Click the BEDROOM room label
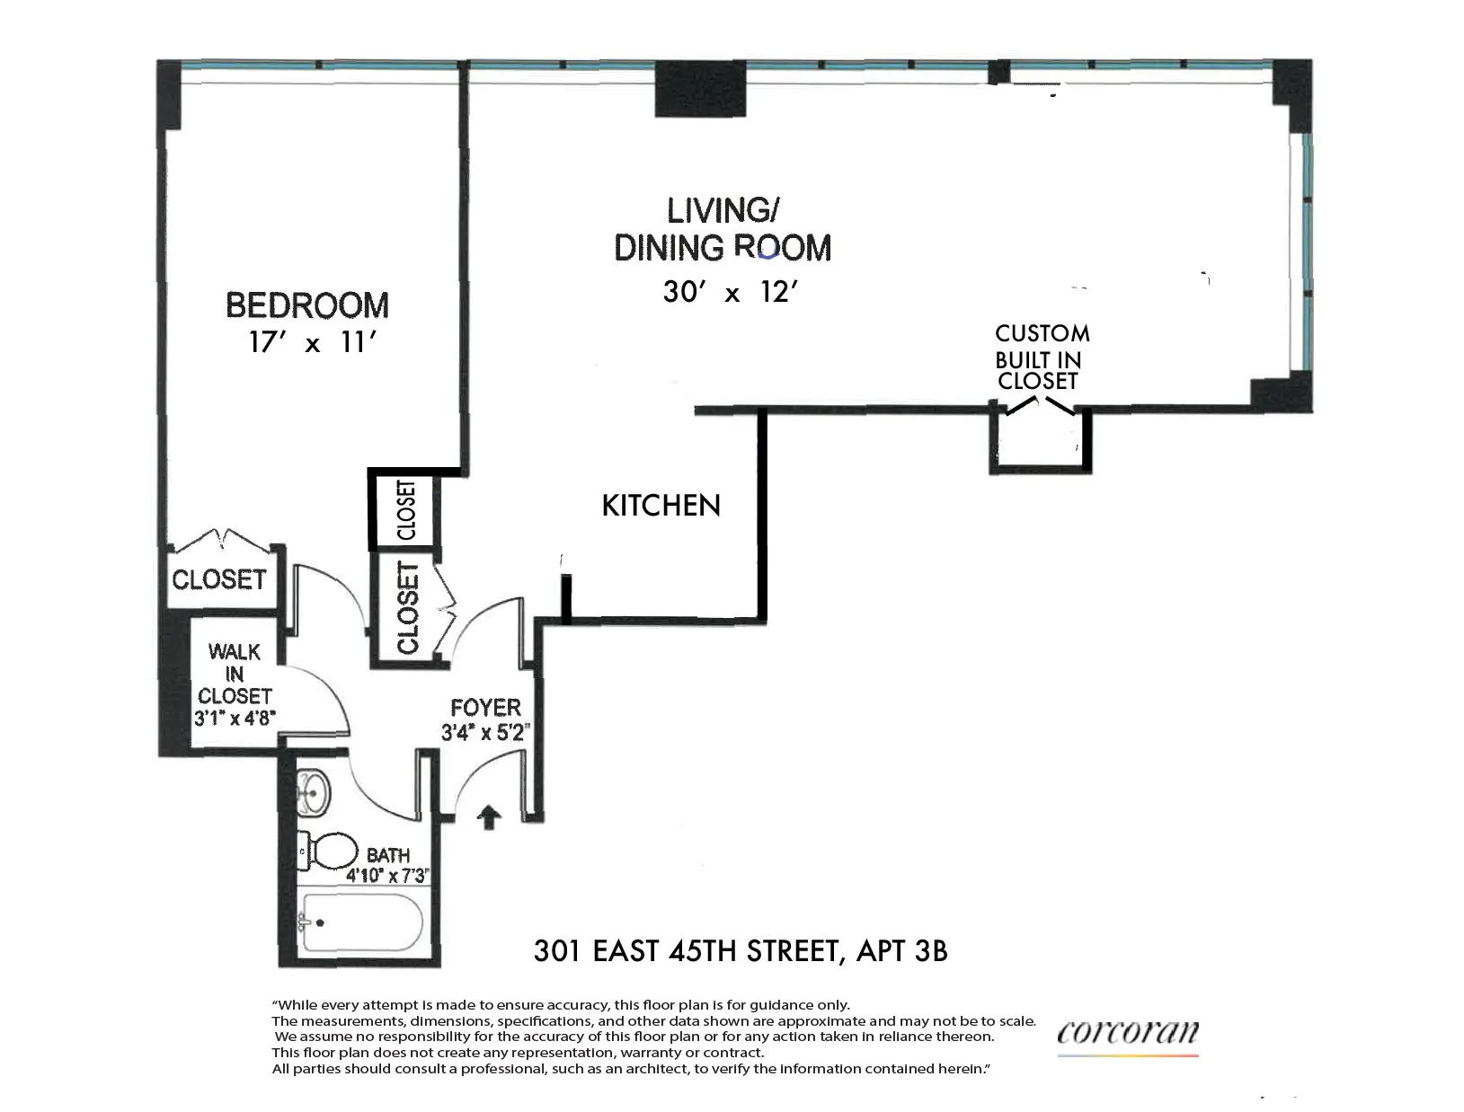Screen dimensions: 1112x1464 (x=307, y=305)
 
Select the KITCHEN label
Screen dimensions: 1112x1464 (x=661, y=506)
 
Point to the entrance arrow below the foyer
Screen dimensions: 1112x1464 (x=489, y=817)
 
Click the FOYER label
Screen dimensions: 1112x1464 (x=485, y=708)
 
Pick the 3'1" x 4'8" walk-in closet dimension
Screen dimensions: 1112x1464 (x=234, y=719)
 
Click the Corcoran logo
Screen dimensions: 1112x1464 (x=1128, y=1033)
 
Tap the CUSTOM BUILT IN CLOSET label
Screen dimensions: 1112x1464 (x=1041, y=357)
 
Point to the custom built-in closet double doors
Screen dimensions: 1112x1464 (x=1040, y=408)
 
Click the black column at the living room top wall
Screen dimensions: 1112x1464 (x=700, y=91)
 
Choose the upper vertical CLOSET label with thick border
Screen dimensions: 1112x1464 (x=406, y=510)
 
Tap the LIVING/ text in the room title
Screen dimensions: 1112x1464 (x=722, y=210)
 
